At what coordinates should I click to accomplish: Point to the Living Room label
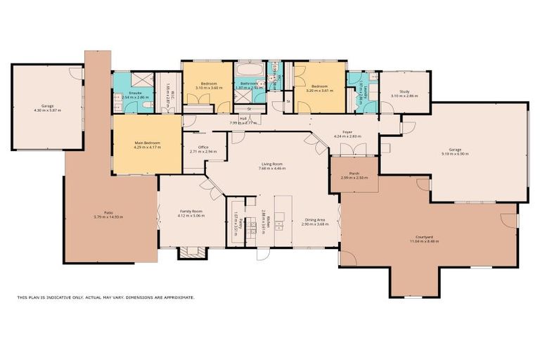(272, 164)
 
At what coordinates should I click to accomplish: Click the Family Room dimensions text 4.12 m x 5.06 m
(191, 216)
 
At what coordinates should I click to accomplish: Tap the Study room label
(404, 91)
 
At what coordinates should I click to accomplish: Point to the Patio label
(109, 212)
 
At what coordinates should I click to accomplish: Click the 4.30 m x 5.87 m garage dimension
(48, 110)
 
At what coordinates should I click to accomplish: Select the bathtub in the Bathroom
(250, 71)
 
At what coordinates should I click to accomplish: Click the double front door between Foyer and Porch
(353, 149)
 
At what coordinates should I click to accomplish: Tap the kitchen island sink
(279, 226)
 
